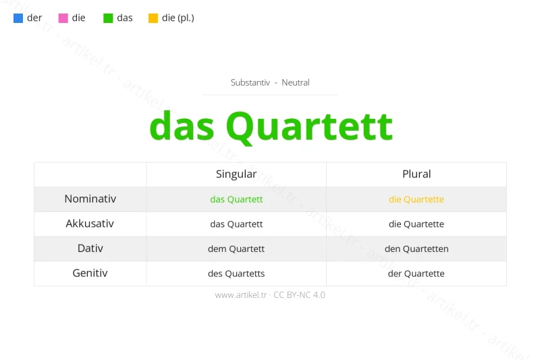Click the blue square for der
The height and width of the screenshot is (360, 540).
[x=18, y=18]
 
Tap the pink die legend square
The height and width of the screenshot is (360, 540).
[x=63, y=18]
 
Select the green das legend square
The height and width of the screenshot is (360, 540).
[x=108, y=18]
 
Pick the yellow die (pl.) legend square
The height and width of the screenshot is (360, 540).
[x=153, y=18]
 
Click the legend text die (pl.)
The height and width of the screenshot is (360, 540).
[x=178, y=18]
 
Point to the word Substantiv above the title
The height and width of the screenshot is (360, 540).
[x=250, y=82]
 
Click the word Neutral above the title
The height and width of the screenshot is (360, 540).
[x=296, y=82]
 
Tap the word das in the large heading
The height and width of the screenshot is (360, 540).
[x=182, y=126]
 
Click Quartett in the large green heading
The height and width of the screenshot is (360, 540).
[x=308, y=126]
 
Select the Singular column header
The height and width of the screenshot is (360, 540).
[x=236, y=174]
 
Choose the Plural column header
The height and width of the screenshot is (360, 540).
[x=416, y=174]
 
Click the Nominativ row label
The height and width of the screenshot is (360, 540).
[x=90, y=199]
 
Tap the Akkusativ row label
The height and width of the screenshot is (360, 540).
[x=90, y=224]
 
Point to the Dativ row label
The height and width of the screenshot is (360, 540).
[x=90, y=249]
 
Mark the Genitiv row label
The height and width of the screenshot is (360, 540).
[x=90, y=274]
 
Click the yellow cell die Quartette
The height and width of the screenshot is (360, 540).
[x=416, y=199]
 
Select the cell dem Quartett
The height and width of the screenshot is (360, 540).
[x=236, y=249]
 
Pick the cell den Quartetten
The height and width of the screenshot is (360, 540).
[x=416, y=249]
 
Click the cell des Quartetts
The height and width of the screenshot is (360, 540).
[x=236, y=274]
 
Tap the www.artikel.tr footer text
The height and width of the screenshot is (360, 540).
[x=242, y=295]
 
